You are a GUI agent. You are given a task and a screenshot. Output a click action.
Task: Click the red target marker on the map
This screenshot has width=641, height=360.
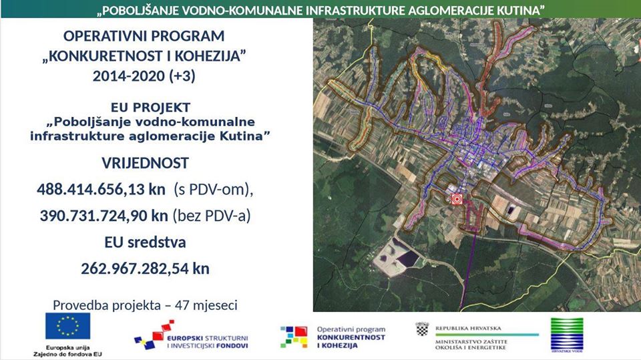point(457,198)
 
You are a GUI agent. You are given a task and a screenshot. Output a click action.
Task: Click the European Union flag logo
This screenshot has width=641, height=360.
point(67,327)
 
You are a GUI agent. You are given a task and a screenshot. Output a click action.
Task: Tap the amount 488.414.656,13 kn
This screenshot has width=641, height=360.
point(101,190)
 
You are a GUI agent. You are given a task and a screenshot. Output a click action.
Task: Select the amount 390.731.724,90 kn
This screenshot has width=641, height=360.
point(103,216)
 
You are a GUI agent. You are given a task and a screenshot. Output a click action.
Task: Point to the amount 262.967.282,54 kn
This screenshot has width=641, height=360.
point(145,268)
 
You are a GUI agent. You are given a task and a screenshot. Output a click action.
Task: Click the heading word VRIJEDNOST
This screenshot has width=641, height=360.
point(145,163)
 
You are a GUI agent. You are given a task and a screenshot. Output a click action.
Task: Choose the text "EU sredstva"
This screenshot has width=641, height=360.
point(145,242)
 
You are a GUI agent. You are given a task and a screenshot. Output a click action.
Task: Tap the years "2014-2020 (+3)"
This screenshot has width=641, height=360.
point(144,76)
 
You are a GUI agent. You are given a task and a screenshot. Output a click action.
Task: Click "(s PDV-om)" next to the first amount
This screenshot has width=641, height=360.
point(214,190)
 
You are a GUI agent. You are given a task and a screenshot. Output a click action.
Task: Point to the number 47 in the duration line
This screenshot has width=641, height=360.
point(182,305)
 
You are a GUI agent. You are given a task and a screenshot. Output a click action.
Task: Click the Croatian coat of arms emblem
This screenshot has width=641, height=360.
point(422,329)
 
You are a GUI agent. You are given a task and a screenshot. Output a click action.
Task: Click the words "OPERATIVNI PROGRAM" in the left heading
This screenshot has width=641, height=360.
point(144,36)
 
